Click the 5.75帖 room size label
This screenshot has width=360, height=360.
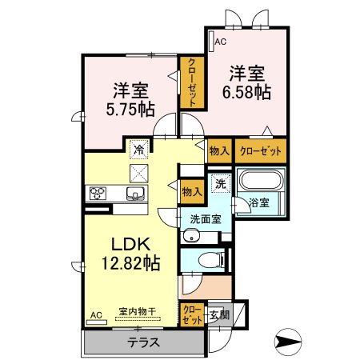click(130, 110)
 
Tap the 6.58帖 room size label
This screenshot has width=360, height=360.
click(246, 93)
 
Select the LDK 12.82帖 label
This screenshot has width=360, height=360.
click(130, 254)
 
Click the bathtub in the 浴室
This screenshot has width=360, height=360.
click(261, 180)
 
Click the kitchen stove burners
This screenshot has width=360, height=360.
click(98, 194)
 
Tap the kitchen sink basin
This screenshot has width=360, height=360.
click(135, 193)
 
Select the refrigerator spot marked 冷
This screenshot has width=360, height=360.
click(138, 150)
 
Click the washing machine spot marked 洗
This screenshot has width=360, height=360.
click(221, 183)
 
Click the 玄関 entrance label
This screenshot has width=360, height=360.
click(219, 315)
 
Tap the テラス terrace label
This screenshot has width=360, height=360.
click(144, 342)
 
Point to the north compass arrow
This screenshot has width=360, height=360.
click(288, 342)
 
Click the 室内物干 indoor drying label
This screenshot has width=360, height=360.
click(138, 311)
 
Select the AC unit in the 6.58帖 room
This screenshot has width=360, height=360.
click(211, 42)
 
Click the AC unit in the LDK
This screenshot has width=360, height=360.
click(97, 322)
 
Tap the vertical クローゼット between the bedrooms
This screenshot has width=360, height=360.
click(192, 82)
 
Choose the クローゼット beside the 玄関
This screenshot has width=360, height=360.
click(192, 314)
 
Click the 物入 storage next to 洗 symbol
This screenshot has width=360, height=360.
click(192, 192)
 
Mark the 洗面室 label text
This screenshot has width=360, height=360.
click(206, 219)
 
